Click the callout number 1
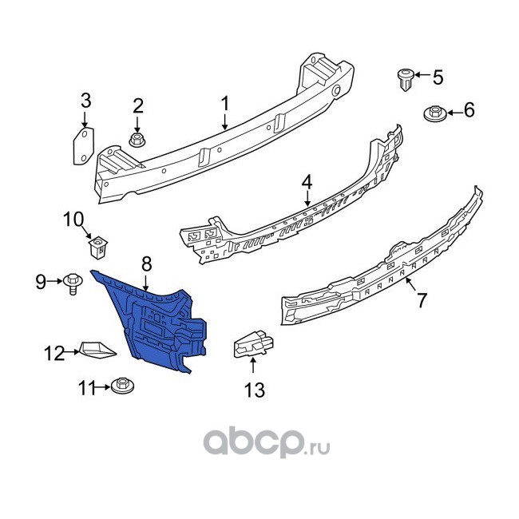point(225,104)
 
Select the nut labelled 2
point(137,141)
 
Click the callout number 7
point(421,301)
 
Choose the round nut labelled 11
point(123,387)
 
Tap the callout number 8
point(146,261)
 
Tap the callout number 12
point(53,351)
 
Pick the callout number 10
point(73,218)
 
